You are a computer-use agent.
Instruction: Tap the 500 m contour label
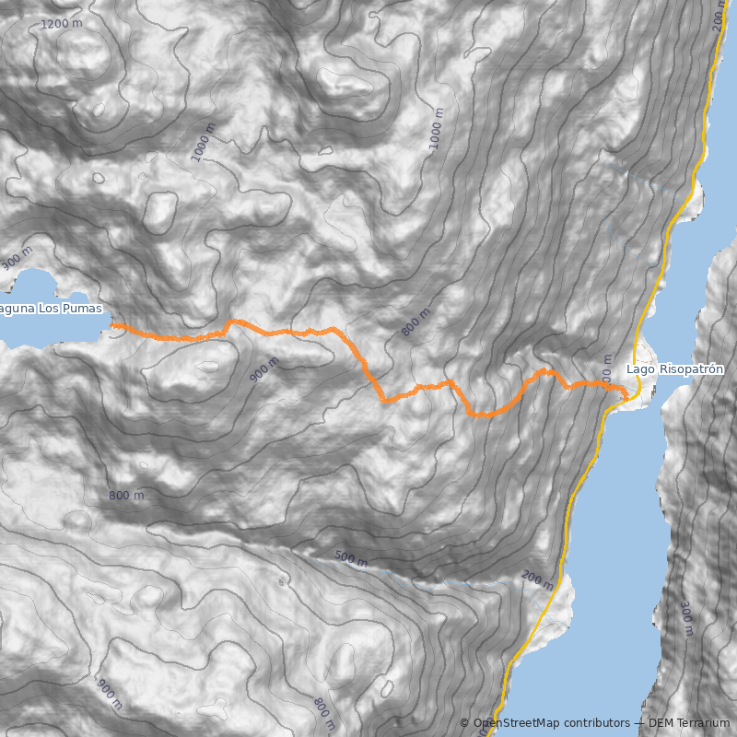pos(351,557)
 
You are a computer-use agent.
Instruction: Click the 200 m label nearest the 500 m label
pos(537,580)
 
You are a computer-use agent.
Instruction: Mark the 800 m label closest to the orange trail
pos(416,322)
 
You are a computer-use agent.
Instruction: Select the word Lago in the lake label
pos(640,369)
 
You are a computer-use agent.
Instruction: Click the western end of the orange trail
pos(113,325)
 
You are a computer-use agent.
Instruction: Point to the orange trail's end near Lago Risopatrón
pos(626,396)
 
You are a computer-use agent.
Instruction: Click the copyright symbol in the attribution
pos(464,723)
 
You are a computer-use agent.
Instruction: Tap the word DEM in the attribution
pos(660,723)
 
